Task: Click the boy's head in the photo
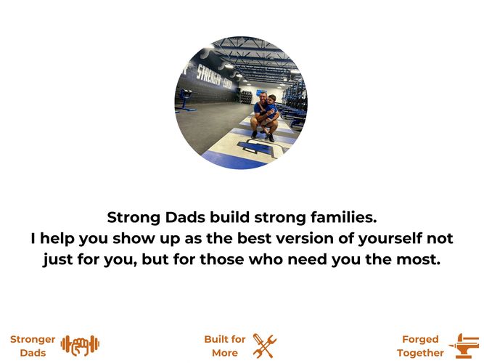pos(271,99)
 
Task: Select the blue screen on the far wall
pos(261,92)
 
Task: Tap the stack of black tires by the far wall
pos(246,97)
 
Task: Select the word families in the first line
pos(343,217)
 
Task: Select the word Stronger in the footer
pos(33,339)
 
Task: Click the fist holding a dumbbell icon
pos(81,344)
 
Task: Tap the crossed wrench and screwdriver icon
pos(265,346)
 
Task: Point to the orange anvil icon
pos(465,346)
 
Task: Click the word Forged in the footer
pos(420,340)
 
